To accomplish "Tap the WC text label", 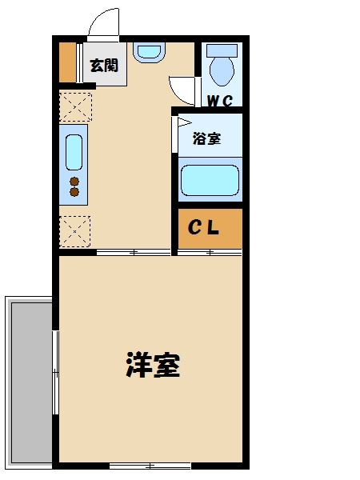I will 220,101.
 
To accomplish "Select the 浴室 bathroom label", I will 206,138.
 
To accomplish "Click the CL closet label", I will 204,228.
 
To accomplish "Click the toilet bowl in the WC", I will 221,69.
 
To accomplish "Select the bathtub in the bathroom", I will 210,180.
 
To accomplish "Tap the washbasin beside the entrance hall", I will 148,52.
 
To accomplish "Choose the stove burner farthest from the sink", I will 74,192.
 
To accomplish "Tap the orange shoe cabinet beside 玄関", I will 68,61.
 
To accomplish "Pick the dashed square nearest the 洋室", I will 74,230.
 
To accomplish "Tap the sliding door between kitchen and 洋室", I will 133,253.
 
